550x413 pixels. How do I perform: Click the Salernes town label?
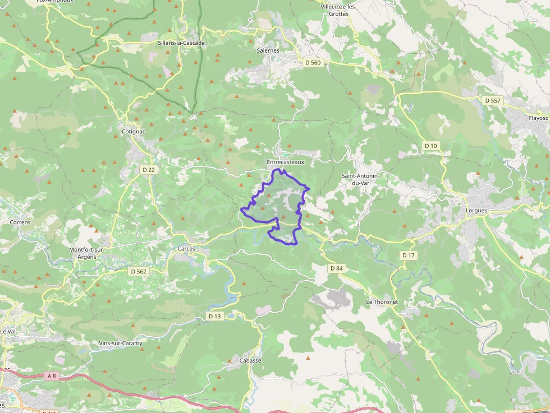tap(268, 50)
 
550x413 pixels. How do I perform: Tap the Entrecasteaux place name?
tap(285, 162)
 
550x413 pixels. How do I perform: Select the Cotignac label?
tap(133, 131)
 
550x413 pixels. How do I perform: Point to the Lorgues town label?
tap(476, 210)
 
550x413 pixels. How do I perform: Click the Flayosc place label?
tap(538, 118)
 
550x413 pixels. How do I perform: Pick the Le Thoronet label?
tap(382, 301)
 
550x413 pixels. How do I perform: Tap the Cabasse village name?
tap(250, 360)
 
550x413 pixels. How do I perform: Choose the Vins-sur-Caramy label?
tap(121, 343)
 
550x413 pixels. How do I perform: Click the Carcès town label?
tap(186, 248)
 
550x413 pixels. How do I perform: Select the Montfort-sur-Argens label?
tap(83, 253)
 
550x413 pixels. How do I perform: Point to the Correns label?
tap(20, 222)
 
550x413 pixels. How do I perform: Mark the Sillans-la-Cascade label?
tap(181, 43)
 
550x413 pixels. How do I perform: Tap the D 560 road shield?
tap(313, 63)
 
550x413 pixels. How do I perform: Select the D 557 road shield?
tap(493, 100)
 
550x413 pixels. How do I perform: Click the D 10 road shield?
tap(430, 146)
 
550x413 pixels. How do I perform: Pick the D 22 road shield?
tap(148, 169)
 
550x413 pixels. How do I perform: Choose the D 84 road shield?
tap(336, 268)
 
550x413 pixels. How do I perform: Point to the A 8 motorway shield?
tap(52, 376)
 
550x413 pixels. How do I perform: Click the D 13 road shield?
tap(215, 316)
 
